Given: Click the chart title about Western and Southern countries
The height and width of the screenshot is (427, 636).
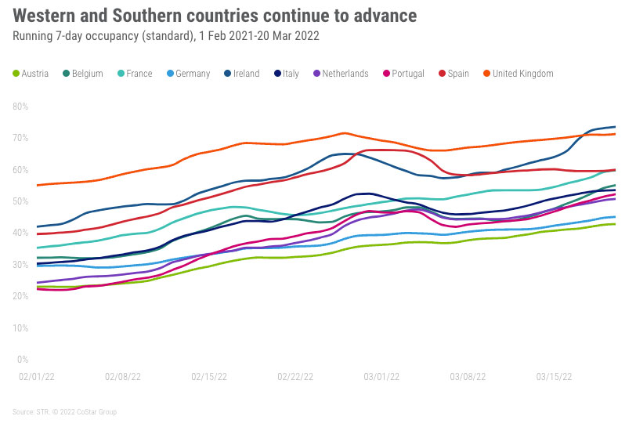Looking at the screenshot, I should [215, 16].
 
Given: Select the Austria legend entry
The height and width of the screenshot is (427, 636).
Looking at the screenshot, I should [31, 74].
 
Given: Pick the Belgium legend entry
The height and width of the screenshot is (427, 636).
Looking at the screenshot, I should [82, 74].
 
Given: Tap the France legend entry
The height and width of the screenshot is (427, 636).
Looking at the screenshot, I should [134, 74].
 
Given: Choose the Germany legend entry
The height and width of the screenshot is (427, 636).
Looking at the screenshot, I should [187, 74].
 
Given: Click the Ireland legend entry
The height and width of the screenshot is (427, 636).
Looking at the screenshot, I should [241, 74].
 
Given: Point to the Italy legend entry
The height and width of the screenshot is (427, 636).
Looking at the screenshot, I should [286, 74].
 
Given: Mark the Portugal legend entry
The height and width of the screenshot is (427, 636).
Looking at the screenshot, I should [403, 74].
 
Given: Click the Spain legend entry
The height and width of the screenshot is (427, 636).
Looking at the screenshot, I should [454, 74].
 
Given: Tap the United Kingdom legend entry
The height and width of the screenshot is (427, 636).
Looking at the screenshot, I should [517, 74].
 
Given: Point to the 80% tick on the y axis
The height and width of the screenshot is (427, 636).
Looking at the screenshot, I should [22, 107].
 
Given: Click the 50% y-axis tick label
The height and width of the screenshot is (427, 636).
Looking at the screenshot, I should [22, 201].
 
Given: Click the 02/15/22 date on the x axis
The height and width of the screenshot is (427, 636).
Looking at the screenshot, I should [209, 376].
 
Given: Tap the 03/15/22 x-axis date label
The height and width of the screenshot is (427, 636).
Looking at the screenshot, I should [554, 376].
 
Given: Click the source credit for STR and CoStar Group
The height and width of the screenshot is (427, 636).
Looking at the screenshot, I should [64, 412].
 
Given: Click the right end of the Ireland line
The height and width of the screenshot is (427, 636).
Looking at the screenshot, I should [614, 127].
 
